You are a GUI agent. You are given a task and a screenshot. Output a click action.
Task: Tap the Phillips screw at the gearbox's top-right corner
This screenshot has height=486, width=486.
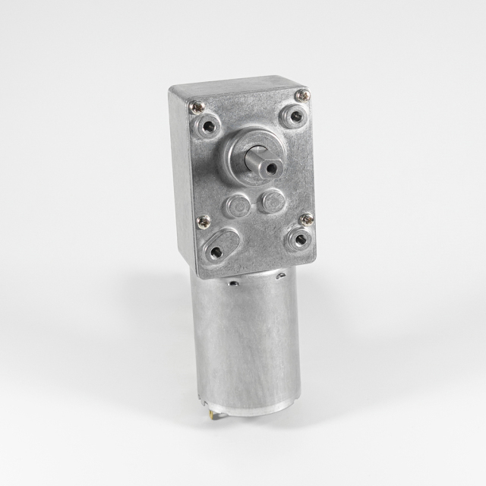click(x=303, y=95)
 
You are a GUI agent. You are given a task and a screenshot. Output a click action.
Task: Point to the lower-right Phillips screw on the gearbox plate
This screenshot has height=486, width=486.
click(x=306, y=220)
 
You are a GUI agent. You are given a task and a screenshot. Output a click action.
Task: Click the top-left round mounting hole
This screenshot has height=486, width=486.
click(x=210, y=126)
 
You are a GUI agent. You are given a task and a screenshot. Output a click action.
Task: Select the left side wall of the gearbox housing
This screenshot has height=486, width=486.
click(x=182, y=182)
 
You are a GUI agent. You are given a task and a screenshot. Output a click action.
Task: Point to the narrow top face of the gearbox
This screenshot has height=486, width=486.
click(x=235, y=82)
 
